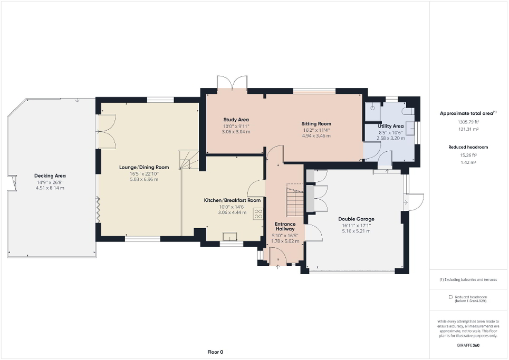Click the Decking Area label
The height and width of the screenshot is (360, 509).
tap(50, 176)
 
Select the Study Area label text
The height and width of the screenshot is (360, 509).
tap(236, 120)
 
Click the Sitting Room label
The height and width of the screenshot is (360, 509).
tap(316, 124)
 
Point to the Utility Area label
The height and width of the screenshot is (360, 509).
tap(391, 127)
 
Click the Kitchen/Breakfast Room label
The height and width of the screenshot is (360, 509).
tap(232, 200)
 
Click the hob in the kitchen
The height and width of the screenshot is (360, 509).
tap(258, 213)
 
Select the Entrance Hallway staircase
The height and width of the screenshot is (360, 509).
tap(295, 200)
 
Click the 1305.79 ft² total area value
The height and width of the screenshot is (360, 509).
tap(468, 122)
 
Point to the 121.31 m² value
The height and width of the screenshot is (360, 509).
tap(468, 129)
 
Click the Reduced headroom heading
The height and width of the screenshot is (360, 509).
tap(468, 147)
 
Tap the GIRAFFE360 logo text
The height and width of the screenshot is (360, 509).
tap(468, 345)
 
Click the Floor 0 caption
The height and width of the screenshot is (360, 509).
tap(215, 352)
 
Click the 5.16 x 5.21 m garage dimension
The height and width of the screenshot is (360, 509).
tap(356, 231)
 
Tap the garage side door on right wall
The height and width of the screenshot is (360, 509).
tap(414, 201)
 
